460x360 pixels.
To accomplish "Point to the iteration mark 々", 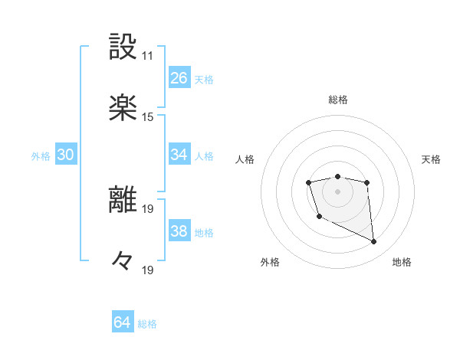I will pyautogui.click(x=123, y=260).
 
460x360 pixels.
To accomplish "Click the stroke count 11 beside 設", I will pyautogui.click(x=147, y=56).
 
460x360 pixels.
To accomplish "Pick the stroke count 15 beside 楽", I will pyautogui.click(x=147, y=117).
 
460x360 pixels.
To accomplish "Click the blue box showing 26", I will pyautogui.click(x=179, y=78).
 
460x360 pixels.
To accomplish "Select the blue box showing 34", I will pyautogui.click(x=179, y=155).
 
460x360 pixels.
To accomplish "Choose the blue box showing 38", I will pyautogui.click(x=179, y=231).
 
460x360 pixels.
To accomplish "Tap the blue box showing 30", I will pyautogui.click(x=66, y=155).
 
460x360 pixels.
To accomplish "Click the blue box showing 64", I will pyautogui.click(x=123, y=322).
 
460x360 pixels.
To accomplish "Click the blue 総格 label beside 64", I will pyautogui.click(x=147, y=324).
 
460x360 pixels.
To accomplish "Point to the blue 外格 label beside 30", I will pyautogui.click(x=41, y=156).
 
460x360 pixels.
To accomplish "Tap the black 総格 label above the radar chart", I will pyautogui.click(x=338, y=100).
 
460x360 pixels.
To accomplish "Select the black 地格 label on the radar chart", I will pyautogui.click(x=402, y=262).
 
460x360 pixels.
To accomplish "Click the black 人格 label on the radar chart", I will pyautogui.click(x=245, y=159).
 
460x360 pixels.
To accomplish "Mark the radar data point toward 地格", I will pyautogui.click(x=374, y=242).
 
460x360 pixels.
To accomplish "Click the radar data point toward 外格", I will pyautogui.click(x=319, y=217).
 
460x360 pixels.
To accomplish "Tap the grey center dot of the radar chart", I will pyautogui.click(x=338, y=191).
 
